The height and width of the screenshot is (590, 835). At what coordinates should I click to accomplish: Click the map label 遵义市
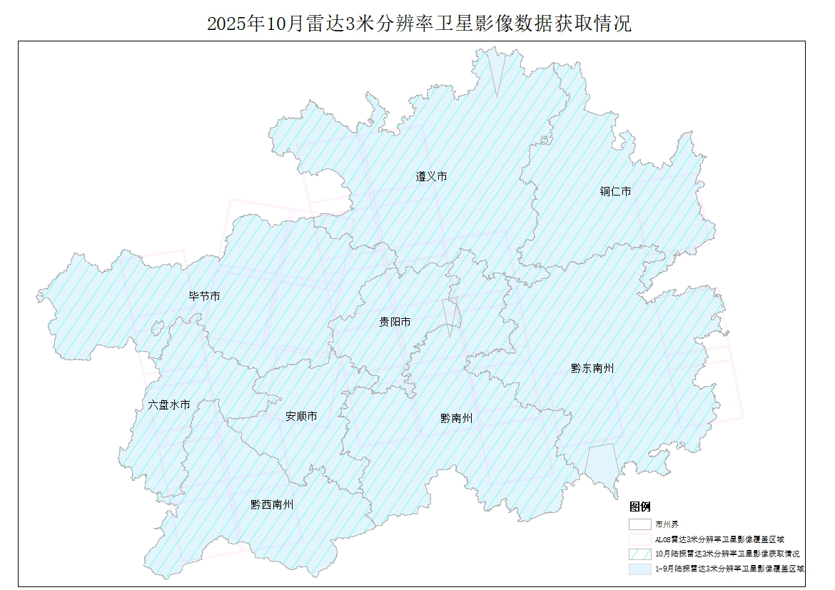click(431, 176)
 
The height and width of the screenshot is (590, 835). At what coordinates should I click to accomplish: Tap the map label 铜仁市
click(615, 191)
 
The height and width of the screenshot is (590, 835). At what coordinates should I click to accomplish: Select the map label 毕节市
click(204, 296)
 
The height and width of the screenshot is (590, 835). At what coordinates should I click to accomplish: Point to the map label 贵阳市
click(395, 322)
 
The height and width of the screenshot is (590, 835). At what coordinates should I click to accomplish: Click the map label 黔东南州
click(592, 369)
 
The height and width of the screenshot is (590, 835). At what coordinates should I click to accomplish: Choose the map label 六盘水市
click(169, 405)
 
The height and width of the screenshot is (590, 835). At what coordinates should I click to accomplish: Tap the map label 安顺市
click(301, 417)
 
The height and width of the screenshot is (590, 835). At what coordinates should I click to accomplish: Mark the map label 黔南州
click(456, 419)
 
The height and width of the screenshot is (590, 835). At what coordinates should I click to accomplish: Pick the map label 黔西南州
click(272, 504)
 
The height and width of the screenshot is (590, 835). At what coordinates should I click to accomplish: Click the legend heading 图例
click(640, 507)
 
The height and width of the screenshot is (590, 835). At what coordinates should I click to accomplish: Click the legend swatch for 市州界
click(639, 524)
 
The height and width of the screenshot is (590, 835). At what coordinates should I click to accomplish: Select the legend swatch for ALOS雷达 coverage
click(639, 539)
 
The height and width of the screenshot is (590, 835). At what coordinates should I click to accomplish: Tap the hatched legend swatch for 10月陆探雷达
click(639, 554)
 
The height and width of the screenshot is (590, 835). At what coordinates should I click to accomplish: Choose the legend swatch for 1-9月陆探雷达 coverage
click(639, 569)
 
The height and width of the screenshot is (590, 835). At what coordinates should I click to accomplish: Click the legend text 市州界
click(667, 524)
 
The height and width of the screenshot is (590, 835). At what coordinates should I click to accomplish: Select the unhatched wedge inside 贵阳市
click(450, 315)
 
